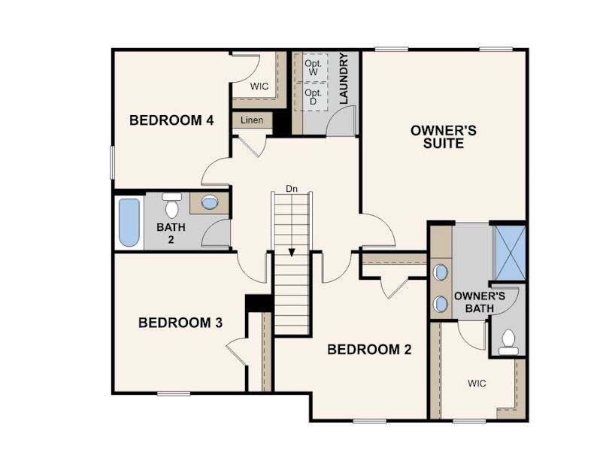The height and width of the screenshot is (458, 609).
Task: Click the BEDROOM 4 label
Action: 171,120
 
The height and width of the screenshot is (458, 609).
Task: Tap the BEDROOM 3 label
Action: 180,323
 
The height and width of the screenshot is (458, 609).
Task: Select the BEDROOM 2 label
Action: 369,350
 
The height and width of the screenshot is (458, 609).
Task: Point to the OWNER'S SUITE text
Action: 443,137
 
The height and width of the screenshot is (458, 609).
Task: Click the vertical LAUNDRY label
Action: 344,78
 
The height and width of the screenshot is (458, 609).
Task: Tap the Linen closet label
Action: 252,120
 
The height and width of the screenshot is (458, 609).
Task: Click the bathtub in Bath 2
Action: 129,222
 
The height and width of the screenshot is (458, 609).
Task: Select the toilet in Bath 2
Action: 171,205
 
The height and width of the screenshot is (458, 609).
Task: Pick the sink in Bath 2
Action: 210,202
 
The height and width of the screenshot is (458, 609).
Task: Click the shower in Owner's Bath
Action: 510,253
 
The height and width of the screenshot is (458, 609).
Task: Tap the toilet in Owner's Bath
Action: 508,342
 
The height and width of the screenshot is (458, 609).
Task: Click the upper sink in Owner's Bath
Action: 441,272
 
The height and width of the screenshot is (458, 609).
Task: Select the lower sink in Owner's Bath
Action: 441,303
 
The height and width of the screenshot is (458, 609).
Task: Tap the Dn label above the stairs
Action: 292,189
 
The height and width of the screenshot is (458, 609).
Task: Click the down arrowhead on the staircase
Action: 292,253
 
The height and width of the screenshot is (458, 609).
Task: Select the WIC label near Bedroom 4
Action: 259,86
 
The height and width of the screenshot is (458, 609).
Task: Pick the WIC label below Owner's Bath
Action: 477,384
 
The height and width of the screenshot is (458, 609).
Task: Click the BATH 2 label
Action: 171,233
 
